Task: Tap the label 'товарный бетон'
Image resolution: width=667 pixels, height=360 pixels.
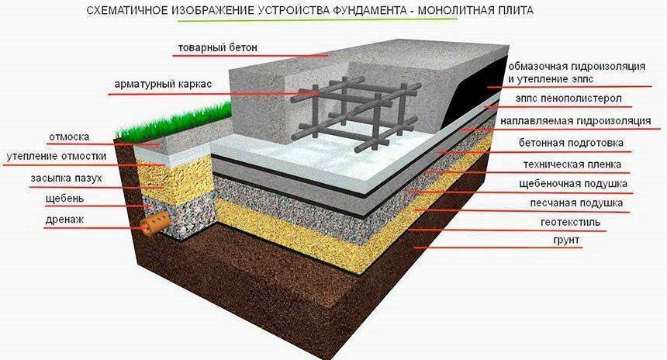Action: point(217,47)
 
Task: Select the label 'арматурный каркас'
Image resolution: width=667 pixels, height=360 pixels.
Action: point(163,84)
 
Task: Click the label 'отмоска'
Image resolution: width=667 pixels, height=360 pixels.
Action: point(69,137)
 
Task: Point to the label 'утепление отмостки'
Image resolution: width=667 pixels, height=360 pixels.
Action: point(56,156)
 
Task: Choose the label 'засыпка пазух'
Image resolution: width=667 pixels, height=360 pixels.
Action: point(66,178)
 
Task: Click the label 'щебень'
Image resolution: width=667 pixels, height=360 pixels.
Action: point(64,199)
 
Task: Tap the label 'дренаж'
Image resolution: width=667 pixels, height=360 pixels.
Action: point(64,220)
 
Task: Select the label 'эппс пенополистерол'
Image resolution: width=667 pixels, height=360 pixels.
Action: point(569,99)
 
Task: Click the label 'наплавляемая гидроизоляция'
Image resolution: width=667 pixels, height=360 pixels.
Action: point(575,121)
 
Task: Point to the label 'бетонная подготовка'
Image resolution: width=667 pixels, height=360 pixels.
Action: point(571,143)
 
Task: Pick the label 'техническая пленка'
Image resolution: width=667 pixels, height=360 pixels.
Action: point(572,164)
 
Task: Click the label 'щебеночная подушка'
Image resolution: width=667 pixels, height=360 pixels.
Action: point(573,184)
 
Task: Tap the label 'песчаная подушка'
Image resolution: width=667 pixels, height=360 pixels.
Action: point(576,203)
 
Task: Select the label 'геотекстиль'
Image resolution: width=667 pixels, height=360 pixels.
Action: point(570,223)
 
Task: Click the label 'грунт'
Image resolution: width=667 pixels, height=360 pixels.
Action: point(566,241)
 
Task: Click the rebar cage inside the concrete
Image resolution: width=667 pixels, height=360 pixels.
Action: point(355,112)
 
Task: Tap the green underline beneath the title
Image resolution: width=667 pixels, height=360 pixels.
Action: point(318,20)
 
